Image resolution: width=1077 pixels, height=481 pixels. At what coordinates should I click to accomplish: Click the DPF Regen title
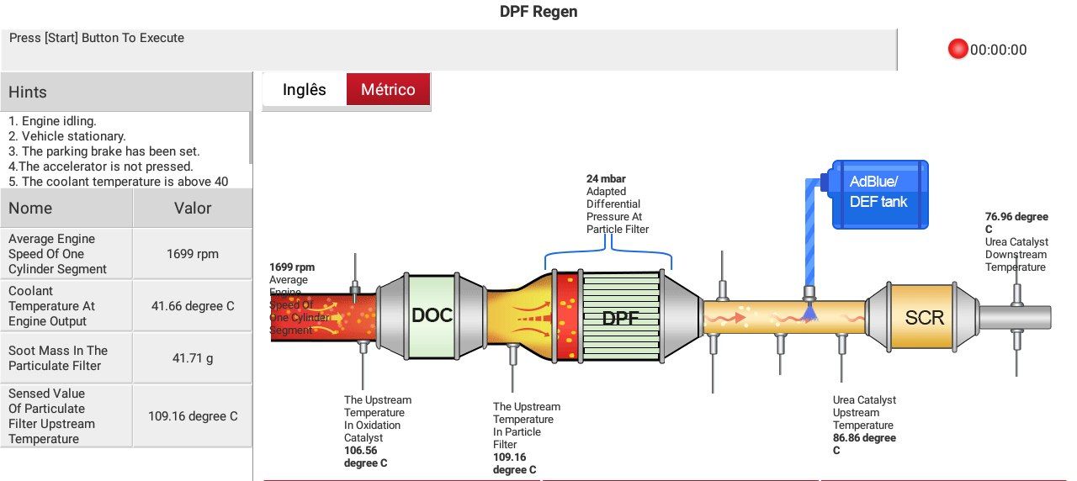[x=538, y=12]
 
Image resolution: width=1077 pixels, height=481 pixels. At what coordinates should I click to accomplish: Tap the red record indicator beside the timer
[x=958, y=49]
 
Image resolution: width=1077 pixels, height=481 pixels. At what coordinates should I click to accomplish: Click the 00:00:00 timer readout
[x=998, y=50]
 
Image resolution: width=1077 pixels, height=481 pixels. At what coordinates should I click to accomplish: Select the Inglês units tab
[x=305, y=89]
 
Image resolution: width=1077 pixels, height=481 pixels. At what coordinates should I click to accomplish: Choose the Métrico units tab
[x=388, y=89]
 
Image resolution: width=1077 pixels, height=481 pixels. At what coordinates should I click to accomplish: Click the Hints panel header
[x=126, y=92]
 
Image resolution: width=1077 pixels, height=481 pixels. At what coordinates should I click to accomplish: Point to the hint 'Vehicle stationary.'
[x=66, y=136]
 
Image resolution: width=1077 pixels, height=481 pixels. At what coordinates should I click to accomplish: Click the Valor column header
[x=193, y=208]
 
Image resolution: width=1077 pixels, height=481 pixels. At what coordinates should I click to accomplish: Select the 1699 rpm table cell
[x=193, y=254]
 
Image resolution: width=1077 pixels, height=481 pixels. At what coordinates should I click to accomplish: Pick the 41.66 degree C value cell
[x=193, y=306]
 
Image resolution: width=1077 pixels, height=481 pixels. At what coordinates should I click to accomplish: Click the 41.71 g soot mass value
[x=193, y=358]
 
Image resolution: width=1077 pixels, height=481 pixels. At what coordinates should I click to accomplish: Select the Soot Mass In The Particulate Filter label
[x=58, y=358]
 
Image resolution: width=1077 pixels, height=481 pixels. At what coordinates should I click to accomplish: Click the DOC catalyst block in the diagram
[x=432, y=315]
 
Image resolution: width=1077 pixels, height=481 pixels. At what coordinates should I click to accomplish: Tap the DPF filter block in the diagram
[x=620, y=317]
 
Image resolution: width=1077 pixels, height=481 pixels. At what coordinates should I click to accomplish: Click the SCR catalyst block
[x=924, y=317]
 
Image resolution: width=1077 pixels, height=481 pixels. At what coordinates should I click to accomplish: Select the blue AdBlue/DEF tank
[x=879, y=194]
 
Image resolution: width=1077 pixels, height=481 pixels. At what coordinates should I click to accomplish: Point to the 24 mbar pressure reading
[x=606, y=179]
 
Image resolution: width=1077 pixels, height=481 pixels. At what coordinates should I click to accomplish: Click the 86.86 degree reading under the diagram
[x=864, y=444]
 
